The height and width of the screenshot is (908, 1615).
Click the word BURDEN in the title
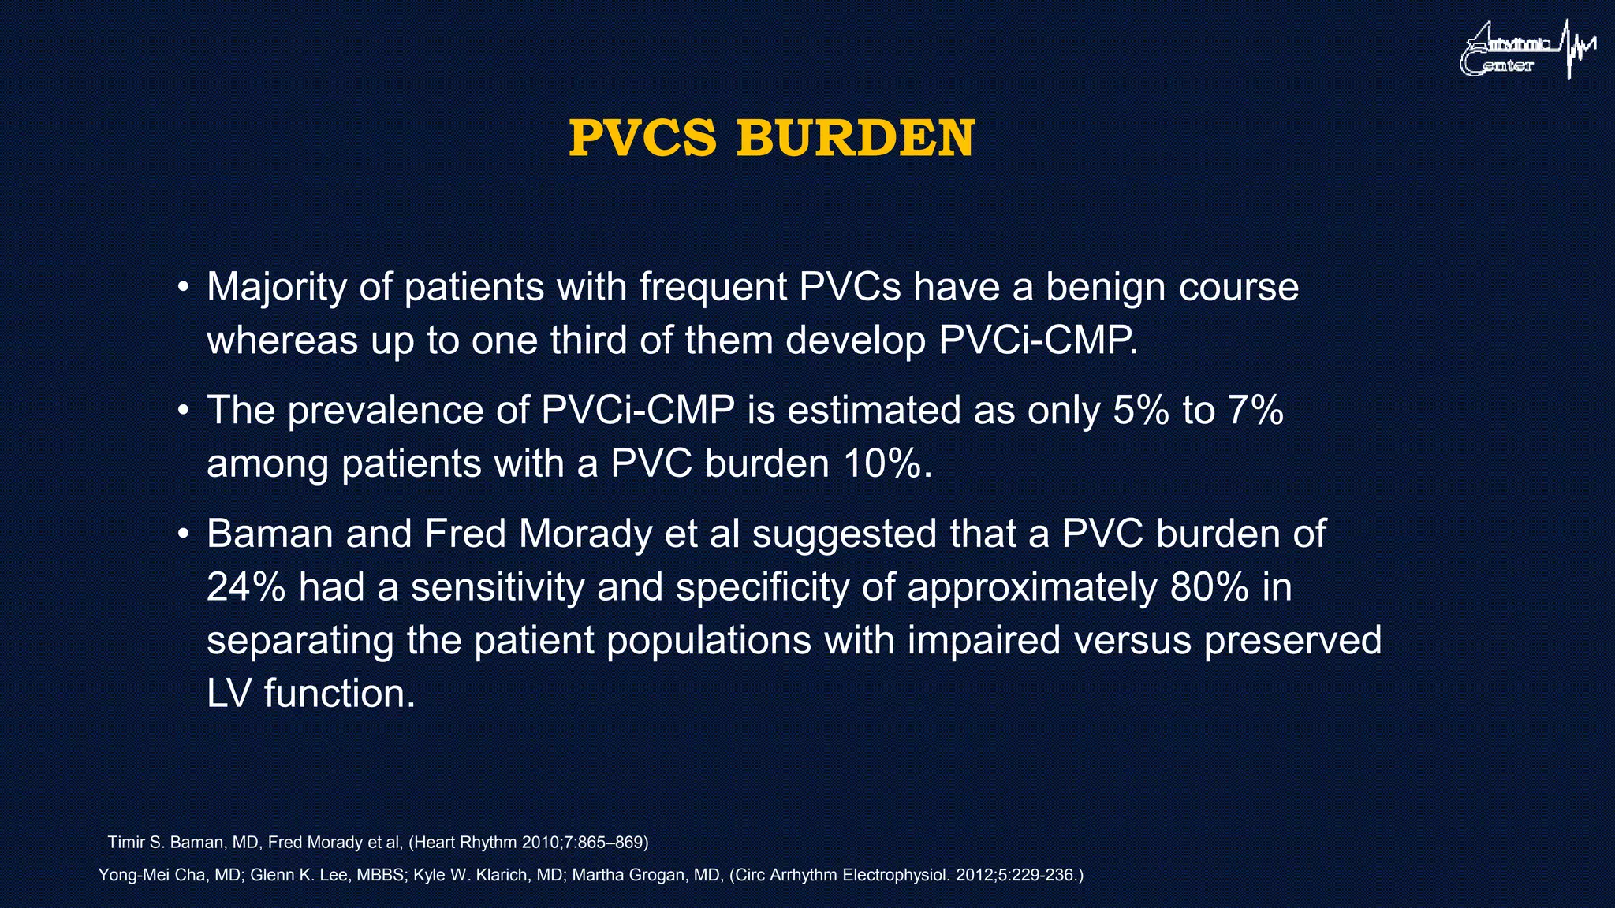point(856,139)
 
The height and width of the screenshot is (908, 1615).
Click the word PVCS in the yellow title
point(642,139)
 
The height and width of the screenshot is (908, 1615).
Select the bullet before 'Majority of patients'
point(183,287)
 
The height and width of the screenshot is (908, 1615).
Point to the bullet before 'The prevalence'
point(183,411)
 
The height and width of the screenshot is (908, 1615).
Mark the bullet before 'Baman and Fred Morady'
point(183,534)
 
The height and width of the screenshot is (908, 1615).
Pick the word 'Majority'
point(276,288)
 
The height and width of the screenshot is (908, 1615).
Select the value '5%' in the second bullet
point(1140,411)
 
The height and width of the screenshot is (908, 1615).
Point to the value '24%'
point(245,587)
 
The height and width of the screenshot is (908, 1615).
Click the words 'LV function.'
point(311,694)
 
